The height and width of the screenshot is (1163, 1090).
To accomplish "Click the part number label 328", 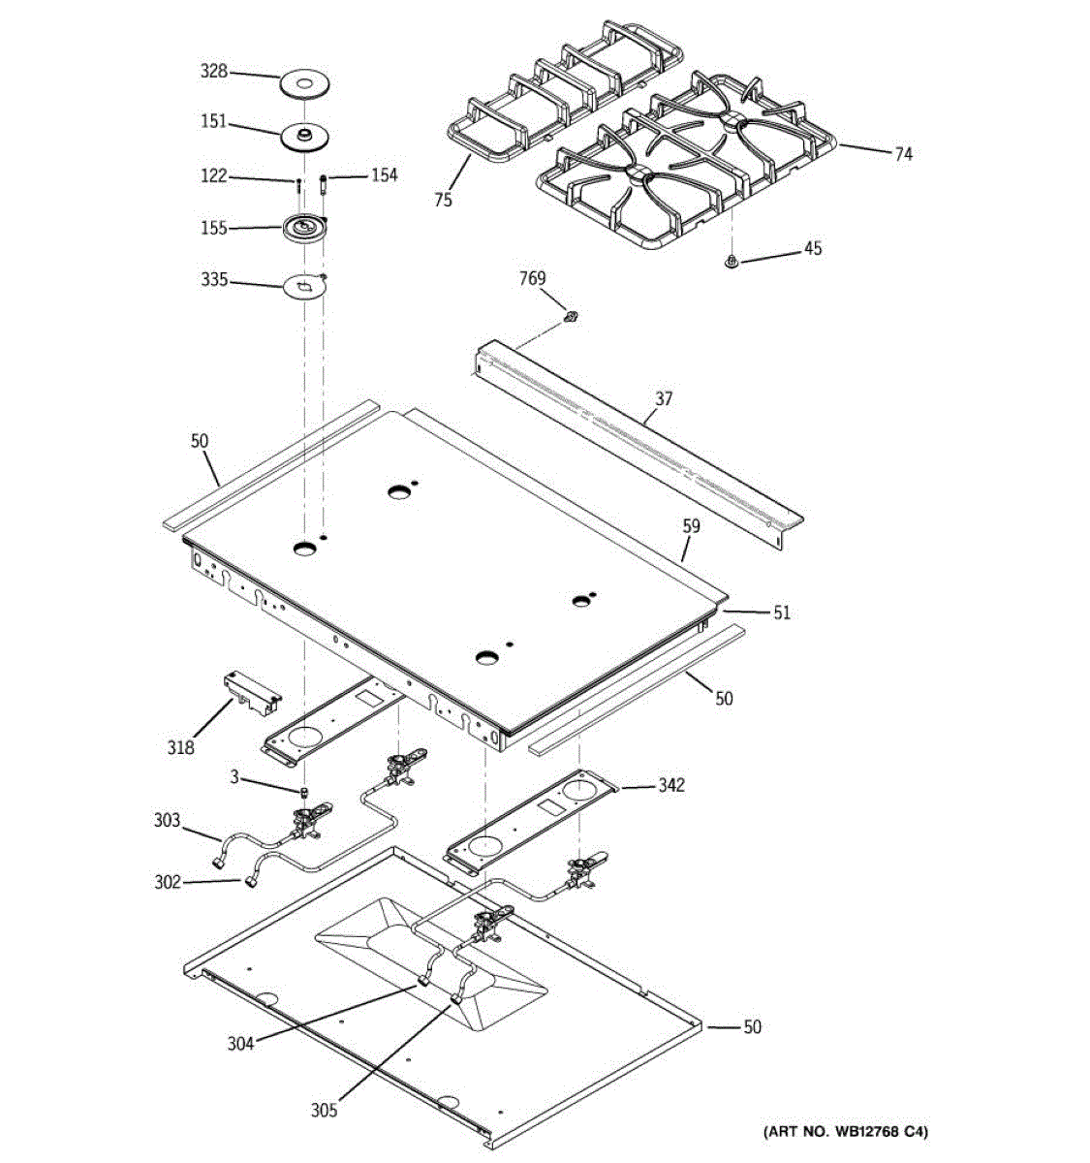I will pyautogui.click(x=213, y=71).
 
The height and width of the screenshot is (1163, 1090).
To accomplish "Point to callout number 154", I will pyautogui.click(x=384, y=175).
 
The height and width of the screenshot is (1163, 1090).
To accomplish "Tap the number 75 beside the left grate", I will pyautogui.click(x=443, y=201).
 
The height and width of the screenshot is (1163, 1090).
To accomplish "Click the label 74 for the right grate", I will pyautogui.click(x=903, y=153).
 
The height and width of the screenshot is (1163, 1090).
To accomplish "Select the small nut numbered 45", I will pyautogui.click(x=732, y=260).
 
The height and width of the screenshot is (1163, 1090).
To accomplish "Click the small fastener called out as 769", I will pyautogui.click(x=571, y=316).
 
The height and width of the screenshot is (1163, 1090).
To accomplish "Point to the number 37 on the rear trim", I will pyautogui.click(x=664, y=398).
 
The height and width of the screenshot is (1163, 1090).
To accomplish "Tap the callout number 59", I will pyautogui.click(x=690, y=527).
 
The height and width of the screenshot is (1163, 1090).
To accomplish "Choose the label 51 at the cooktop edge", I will pyautogui.click(x=781, y=613).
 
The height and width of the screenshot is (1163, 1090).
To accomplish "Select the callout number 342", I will pyautogui.click(x=670, y=785).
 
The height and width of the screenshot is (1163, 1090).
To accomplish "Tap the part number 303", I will pyautogui.click(x=167, y=822).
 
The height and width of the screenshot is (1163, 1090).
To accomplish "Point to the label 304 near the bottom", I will pyautogui.click(x=240, y=1044).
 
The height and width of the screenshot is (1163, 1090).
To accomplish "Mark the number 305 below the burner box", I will pyautogui.click(x=324, y=1111).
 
